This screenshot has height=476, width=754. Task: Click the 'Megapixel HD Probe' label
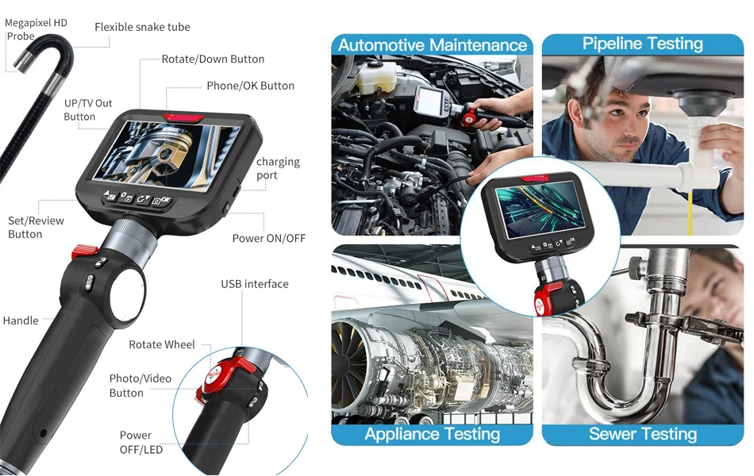[36, 29]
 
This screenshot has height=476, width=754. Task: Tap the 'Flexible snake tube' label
[142, 27]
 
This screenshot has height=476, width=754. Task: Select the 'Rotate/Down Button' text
[213, 59]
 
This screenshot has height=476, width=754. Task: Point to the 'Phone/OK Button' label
[250, 86]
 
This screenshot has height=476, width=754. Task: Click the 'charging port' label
[278, 168]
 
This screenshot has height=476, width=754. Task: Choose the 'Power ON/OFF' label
[268, 238]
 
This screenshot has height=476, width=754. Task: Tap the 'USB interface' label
[254, 284]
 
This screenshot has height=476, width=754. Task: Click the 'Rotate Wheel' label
[162, 344]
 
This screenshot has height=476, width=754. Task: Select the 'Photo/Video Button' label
[140, 386]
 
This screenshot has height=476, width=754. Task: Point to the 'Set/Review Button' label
[36, 227]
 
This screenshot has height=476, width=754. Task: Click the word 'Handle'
[21, 321]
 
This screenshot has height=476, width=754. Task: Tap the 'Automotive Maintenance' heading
[433, 45]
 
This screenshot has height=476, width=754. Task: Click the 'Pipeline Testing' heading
[643, 44]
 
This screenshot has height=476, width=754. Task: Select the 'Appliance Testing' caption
[432, 434]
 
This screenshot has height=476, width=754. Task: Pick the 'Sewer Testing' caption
[643, 434]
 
